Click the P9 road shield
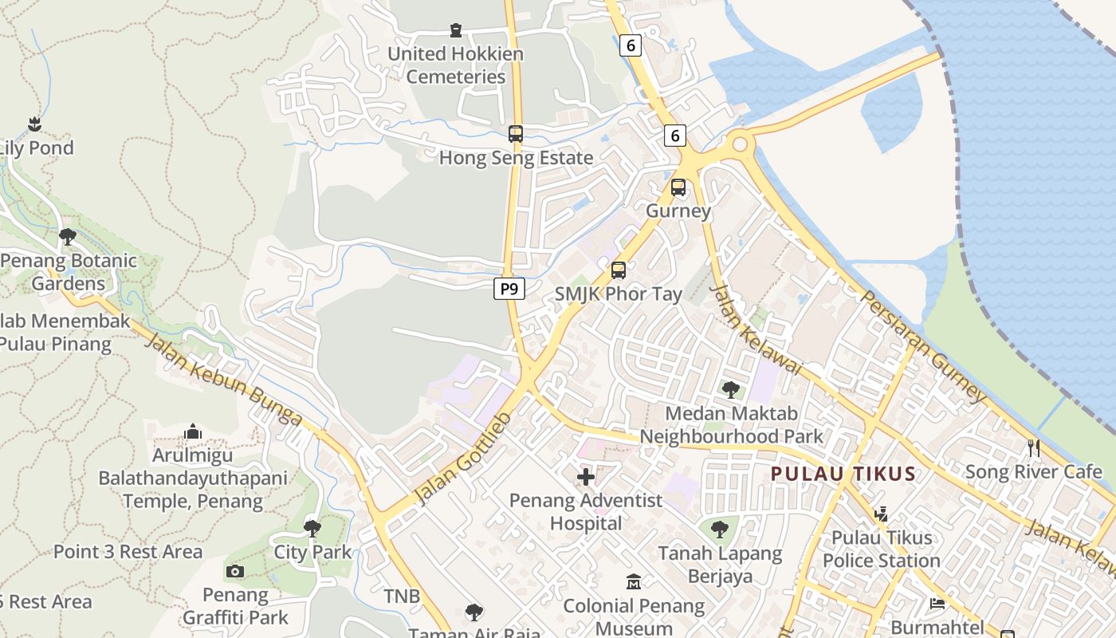pos(509,289)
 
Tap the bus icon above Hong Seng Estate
pos(516,134)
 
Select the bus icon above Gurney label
pos(678,187)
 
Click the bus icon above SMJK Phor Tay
pos(619,270)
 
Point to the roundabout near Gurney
pos(740,144)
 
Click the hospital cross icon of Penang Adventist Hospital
pos(586,477)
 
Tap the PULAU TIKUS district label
pos(843,474)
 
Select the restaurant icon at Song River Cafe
pos(1034,447)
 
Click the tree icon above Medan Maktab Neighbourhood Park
pos(730,390)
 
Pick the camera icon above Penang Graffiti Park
pos(235,571)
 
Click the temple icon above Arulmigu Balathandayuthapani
pos(193,432)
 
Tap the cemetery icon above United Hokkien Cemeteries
pos(456,30)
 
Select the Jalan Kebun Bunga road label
pos(225,381)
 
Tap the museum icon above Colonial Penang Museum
pos(634,582)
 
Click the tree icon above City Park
pos(312,528)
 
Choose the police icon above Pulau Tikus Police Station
pos(881,514)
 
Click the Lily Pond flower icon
pos(34,124)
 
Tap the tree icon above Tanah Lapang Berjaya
pos(720,529)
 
